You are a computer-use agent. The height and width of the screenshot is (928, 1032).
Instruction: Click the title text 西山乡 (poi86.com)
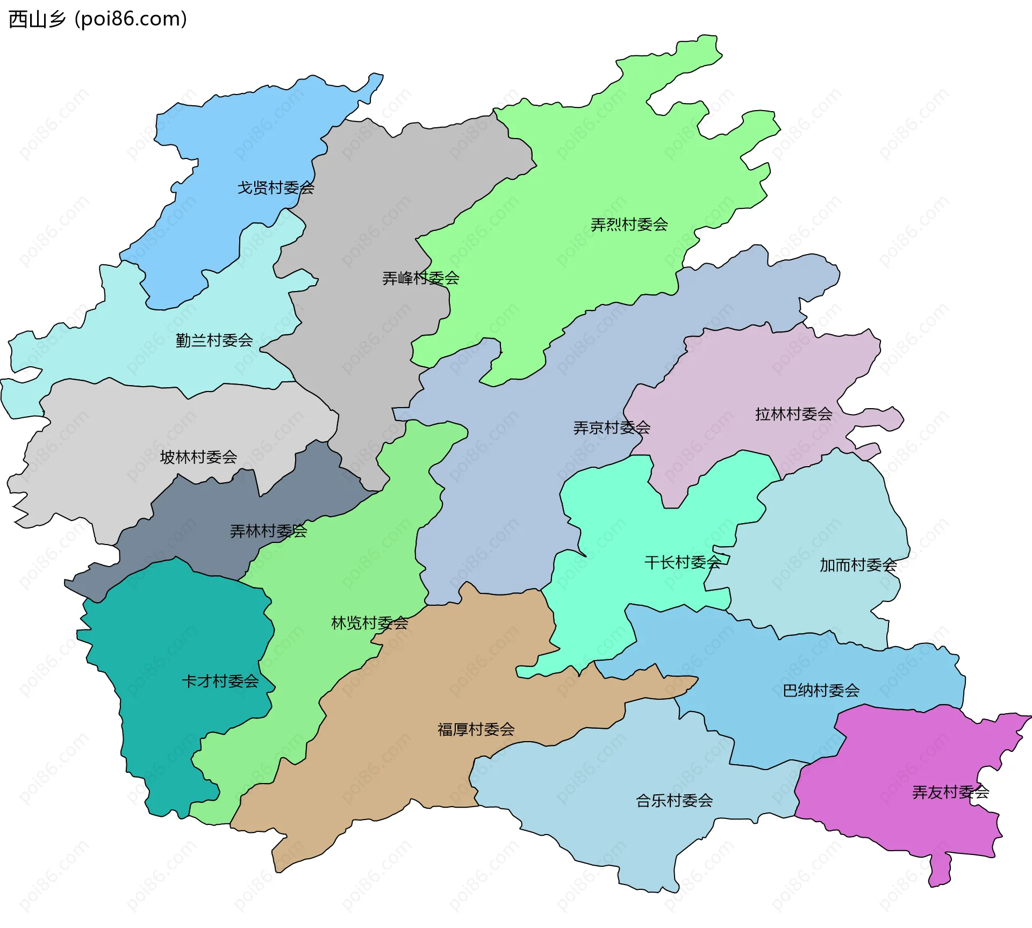(98, 19)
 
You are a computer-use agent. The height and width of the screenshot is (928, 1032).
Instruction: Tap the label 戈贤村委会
(276, 188)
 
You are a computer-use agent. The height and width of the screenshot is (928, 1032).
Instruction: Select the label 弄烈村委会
(629, 224)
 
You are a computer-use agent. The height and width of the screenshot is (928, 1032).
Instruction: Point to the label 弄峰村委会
(420, 278)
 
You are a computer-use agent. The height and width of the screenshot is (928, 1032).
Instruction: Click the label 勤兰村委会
(214, 340)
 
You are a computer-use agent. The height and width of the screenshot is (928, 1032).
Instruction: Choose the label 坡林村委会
(198, 457)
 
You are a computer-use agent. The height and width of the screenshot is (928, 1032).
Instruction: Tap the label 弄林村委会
(268, 531)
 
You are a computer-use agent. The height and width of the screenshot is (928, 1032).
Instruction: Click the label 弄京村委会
(612, 428)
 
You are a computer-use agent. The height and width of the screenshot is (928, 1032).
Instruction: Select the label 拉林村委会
(793, 414)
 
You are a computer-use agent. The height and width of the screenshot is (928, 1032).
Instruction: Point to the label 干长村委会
(683, 562)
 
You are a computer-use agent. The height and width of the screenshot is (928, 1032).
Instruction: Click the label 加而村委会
(858, 565)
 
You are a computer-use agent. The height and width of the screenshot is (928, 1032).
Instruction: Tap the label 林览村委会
(369, 623)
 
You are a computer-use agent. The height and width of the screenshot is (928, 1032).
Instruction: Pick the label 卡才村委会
(220, 682)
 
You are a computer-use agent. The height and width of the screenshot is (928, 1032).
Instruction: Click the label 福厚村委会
(476, 729)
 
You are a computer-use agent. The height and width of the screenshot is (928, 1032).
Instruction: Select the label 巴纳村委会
(821, 691)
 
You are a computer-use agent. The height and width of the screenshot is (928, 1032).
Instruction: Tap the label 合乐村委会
(674, 801)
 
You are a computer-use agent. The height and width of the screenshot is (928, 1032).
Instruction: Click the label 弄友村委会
(950, 792)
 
